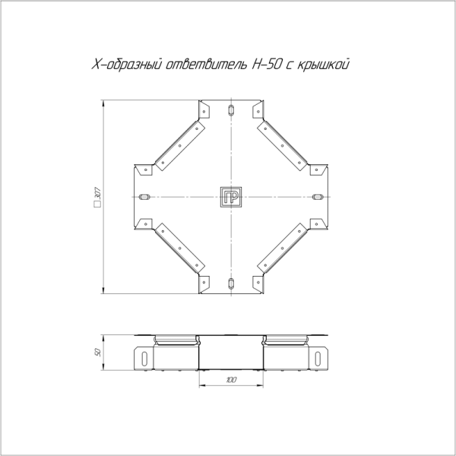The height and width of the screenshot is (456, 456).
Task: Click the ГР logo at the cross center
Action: [231, 198]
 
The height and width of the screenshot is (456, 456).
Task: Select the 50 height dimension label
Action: [99, 353]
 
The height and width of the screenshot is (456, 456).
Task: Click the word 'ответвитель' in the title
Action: [206, 66]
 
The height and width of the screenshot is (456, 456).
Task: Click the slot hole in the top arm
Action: [231, 111]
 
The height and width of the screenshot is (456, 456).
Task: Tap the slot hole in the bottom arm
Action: [231, 284]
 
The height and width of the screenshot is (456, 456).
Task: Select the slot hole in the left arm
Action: [144, 198]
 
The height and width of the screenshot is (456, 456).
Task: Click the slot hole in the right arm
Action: [318, 198]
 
